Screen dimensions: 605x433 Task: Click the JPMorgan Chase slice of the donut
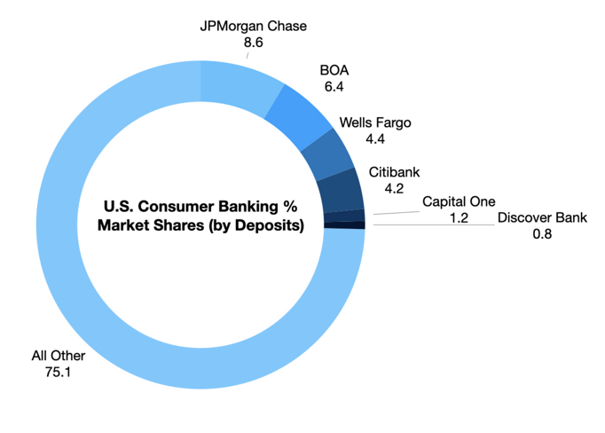pos(240,88)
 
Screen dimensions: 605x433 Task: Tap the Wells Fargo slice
pos(327,154)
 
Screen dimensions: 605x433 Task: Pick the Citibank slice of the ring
pos(341,190)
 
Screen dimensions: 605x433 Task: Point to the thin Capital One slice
pos(344,216)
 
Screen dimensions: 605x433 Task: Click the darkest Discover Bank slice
pos(344,225)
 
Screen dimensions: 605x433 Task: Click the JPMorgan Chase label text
pos(254,27)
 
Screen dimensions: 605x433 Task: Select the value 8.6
pos(254,43)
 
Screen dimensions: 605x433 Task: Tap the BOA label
pos(334,70)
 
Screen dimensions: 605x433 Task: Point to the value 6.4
pos(334,86)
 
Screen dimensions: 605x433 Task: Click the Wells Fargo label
pos(375,122)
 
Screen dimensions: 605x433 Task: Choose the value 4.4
pos(375,139)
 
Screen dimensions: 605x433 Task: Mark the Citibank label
pos(394,172)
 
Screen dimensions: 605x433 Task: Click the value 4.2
pos(394,188)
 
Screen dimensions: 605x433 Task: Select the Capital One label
pos(459,201)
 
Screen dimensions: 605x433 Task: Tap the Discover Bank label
pos(542,217)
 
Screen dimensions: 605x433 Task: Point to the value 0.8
pos(542,234)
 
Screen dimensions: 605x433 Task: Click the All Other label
pos(59,356)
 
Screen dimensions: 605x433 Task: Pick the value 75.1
pos(58,372)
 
